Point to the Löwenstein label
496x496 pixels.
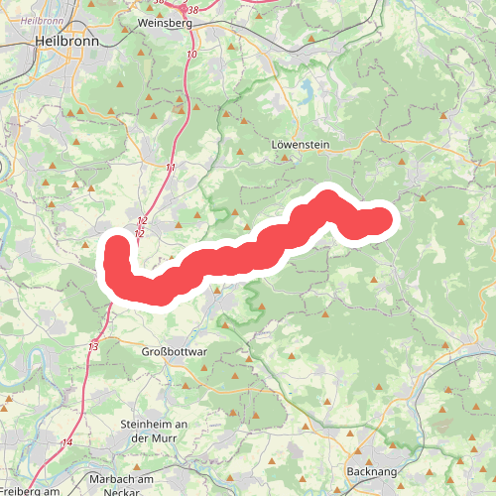pyautogui.click(x=299, y=145)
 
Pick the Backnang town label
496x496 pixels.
pyautogui.click(x=372, y=472)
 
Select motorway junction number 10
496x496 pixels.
pyautogui.click(x=190, y=54)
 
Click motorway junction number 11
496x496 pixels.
pyautogui.click(x=171, y=168)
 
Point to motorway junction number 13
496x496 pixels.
pyautogui.click(x=93, y=346)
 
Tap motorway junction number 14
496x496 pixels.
pyautogui.click(x=67, y=442)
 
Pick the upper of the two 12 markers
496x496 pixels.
pyautogui.click(x=143, y=220)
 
